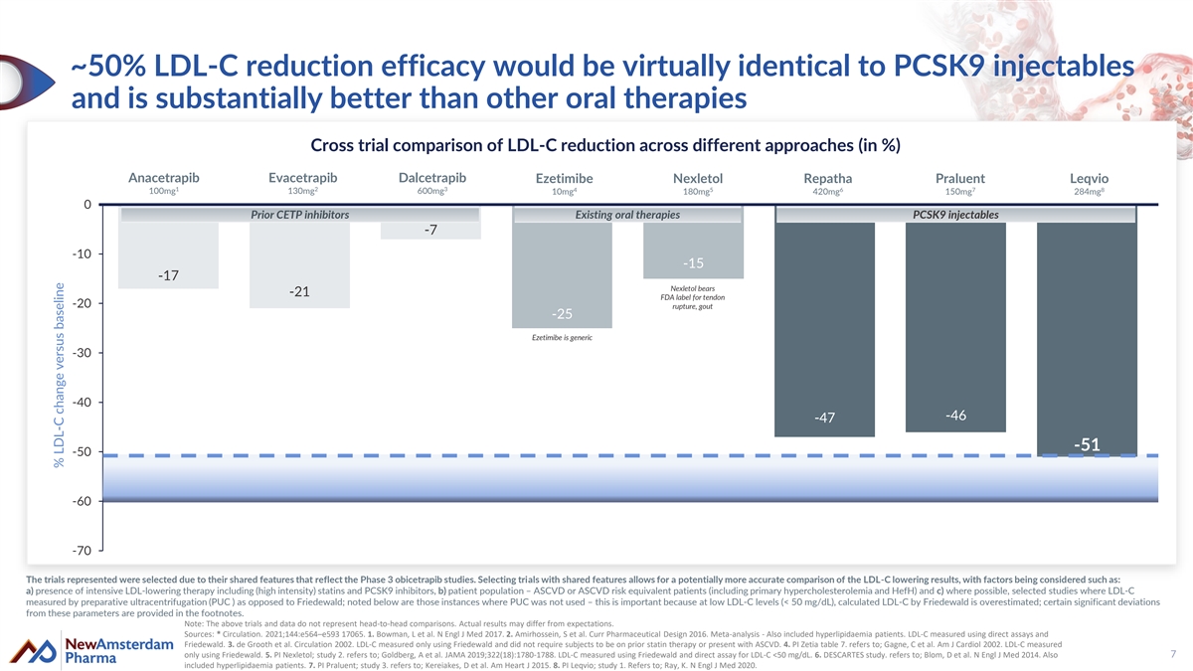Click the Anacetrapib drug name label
pyautogui.click(x=164, y=178)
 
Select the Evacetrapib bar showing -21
pyautogui.click(x=299, y=263)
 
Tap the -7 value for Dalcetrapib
pyautogui.click(x=430, y=231)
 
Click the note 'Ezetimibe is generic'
pyautogui.click(x=562, y=338)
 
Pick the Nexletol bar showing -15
pyautogui.click(x=693, y=249)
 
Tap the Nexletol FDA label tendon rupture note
pyautogui.click(x=693, y=297)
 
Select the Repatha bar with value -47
pyautogui.click(x=824, y=328)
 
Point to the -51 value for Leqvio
pyautogui.click(x=1086, y=444)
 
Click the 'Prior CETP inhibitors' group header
pyautogui.click(x=299, y=215)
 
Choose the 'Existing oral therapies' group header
pyautogui.click(x=627, y=215)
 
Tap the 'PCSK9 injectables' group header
pyautogui.click(x=955, y=215)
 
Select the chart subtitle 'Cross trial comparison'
pyautogui.click(x=605, y=145)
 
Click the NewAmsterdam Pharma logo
pyautogui.click(x=90, y=653)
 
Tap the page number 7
pyautogui.click(x=1173, y=653)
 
